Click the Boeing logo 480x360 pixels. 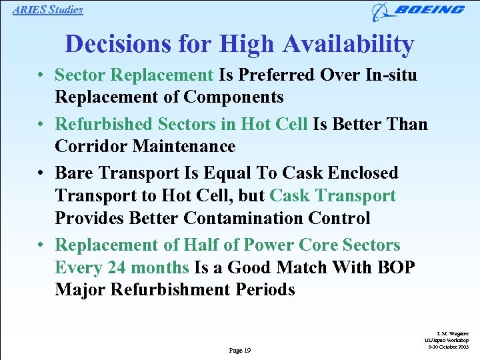(x=419, y=11)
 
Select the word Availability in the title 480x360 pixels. (x=349, y=44)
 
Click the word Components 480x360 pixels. (x=233, y=97)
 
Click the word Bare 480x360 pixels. (x=74, y=173)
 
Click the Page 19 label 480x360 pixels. (x=239, y=350)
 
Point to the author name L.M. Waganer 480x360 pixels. (x=455, y=333)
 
